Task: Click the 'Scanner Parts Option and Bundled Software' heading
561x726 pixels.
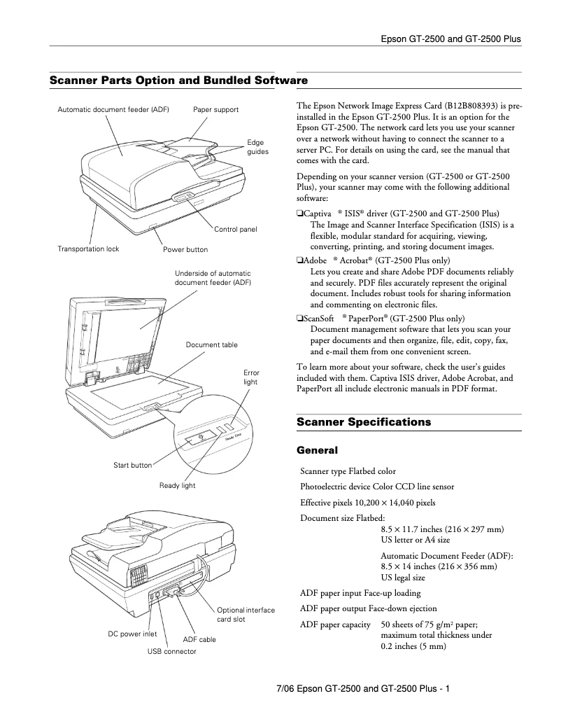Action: click(178, 81)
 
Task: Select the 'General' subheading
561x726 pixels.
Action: click(317, 450)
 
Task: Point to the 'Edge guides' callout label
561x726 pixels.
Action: click(257, 147)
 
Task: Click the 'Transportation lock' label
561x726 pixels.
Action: click(88, 249)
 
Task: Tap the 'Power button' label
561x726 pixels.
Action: click(185, 249)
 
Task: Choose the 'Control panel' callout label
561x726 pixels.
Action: click(235, 230)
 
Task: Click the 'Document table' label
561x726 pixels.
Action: click(211, 344)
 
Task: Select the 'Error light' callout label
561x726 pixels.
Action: click(250, 377)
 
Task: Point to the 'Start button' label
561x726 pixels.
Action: click(132, 465)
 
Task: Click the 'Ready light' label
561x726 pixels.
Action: click(177, 485)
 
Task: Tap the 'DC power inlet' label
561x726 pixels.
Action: click(132, 634)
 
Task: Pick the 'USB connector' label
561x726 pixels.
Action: click(171, 651)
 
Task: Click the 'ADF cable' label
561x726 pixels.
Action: click(199, 639)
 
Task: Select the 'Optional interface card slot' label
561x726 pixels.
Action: click(246, 615)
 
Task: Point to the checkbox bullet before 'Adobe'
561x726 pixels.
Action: click(299, 260)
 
